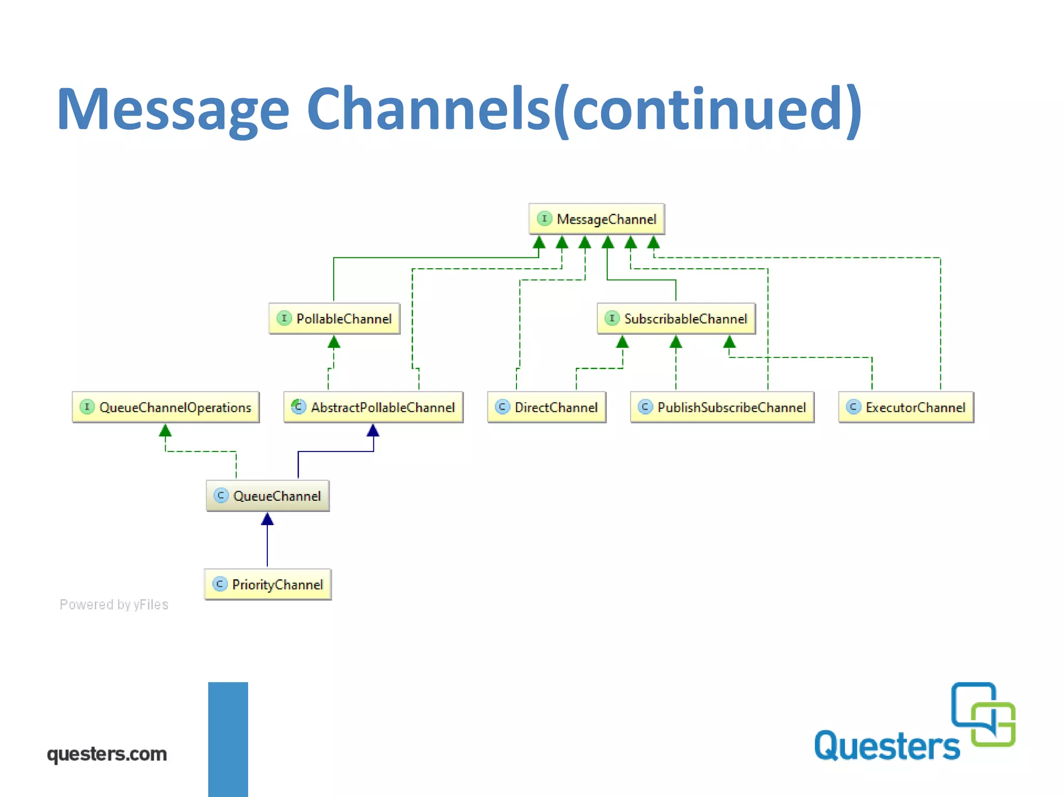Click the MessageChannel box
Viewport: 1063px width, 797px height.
point(596,219)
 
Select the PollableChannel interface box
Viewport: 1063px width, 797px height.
point(334,319)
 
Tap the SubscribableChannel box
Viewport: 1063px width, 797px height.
point(676,319)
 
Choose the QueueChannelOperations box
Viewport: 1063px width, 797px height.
point(166,407)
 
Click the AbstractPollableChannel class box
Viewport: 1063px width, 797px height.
point(373,407)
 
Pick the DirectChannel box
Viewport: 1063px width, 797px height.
point(547,407)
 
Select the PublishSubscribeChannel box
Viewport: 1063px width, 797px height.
point(722,407)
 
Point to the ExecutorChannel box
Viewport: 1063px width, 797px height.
point(906,407)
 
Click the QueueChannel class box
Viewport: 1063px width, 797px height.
point(268,496)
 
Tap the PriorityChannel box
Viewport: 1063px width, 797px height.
point(268,585)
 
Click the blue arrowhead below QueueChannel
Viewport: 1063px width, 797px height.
point(267,519)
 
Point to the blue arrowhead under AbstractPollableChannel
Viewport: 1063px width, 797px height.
point(373,431)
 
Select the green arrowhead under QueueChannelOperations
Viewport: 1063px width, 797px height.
point(165,431)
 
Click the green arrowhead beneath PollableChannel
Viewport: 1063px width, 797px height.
point(334,342)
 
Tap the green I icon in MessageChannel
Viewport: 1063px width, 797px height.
point(544,218)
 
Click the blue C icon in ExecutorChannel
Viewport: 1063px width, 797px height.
point(853,407)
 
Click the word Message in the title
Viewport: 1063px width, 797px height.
point(173,109)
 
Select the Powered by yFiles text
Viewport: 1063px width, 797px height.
point(114,604)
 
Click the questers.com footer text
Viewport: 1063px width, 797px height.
point(107,754)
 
